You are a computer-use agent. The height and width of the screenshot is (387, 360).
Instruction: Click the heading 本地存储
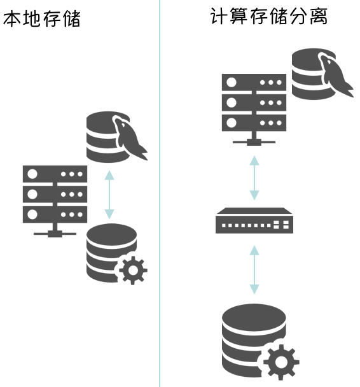(x=42, y=19)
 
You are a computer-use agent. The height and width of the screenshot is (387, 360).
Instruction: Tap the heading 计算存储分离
(x=268, y=17)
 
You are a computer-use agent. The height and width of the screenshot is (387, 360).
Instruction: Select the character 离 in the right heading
(x=317, y=17)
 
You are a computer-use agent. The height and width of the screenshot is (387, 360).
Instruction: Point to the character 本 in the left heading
(x=13, y=19)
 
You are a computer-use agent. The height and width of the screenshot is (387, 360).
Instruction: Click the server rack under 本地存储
(x=55, y=194)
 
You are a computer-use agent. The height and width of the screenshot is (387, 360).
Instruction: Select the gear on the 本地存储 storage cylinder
(x=132, y=269)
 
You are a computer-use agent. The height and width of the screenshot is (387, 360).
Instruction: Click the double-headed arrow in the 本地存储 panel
(x=109, y=193)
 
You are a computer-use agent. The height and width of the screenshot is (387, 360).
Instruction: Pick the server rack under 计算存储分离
(x=254, y=102)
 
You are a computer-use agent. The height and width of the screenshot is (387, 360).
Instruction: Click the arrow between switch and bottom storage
(x=254, y=269)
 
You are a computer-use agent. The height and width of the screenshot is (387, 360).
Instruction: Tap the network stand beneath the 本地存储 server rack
(x=55, y=230)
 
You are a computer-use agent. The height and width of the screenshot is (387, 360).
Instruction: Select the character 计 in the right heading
(x=219, y=17)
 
